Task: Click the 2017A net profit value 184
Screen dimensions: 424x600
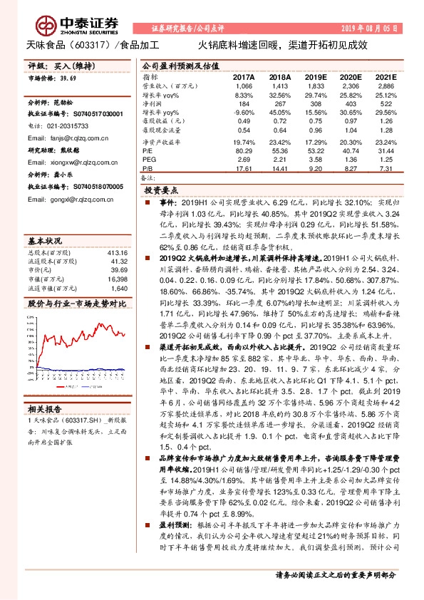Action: click(x=244, y=103)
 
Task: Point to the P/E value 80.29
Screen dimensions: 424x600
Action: click(x=244, y=150)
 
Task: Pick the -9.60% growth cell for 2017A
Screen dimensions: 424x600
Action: click(x=244, y=113)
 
